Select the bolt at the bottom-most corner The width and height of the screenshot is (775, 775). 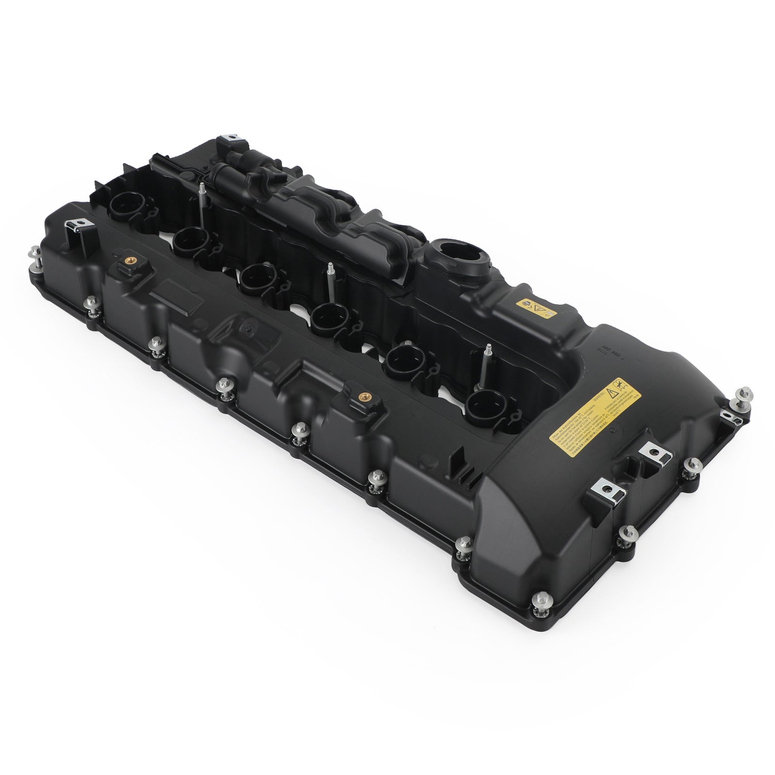[x=539, y=603]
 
